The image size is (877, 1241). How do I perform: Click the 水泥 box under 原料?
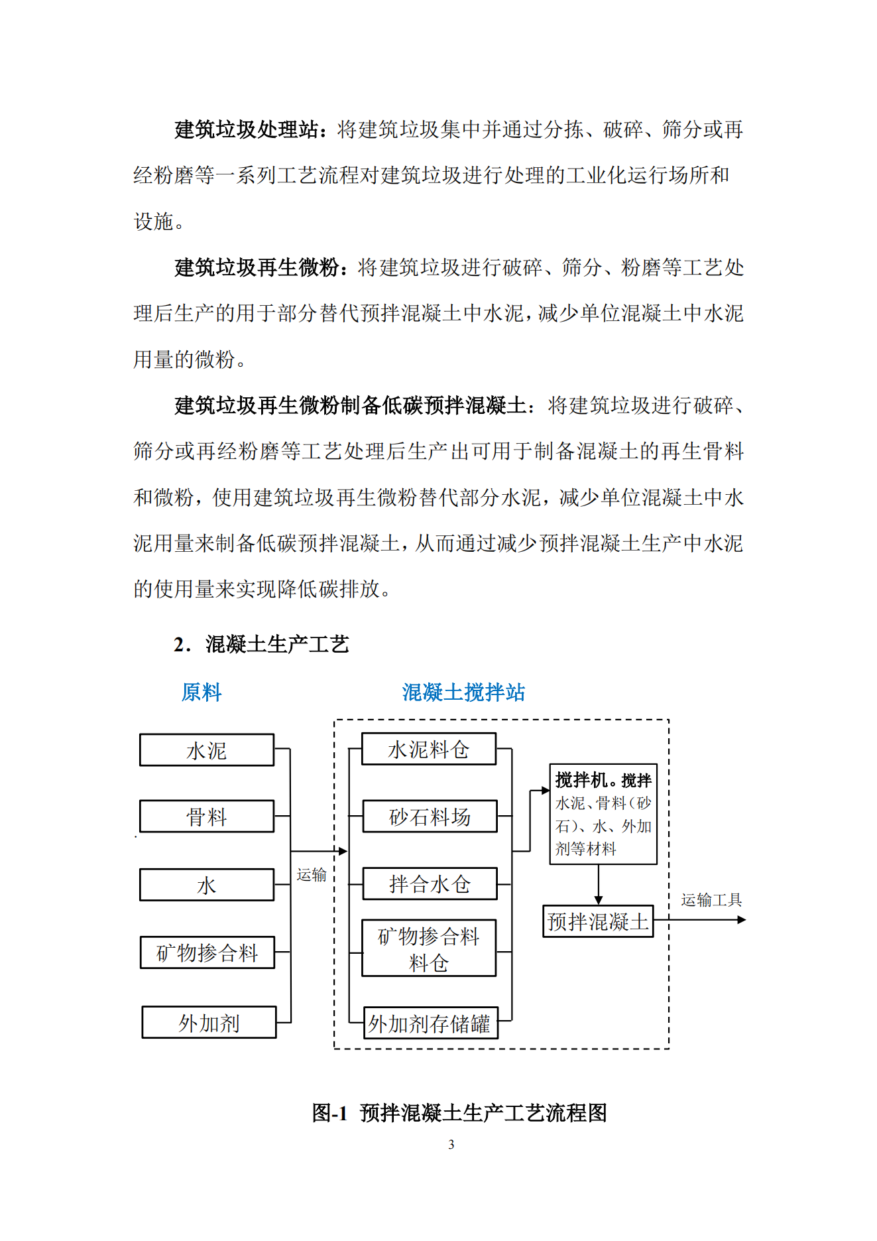(x=206, y=750)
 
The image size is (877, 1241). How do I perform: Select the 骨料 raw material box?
(x=206, y=816)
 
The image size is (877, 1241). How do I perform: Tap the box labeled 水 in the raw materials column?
(x=206, y=885)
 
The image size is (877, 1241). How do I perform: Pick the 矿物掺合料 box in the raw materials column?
(x=207, y=952)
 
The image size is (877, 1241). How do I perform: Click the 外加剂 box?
(x=209, y=1022)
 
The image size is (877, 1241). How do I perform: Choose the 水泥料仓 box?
(x=428, y=749)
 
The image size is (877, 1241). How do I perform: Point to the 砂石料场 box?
(x=430, y=816)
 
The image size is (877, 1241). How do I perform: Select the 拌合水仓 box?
(x=430, y=883)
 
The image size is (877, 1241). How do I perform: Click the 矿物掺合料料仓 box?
(x=428, y=948)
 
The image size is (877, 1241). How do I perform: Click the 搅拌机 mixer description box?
(x=603, y=814)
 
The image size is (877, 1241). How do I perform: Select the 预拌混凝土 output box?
(x=598, y=921)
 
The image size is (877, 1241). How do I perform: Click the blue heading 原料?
(x=202, y=692)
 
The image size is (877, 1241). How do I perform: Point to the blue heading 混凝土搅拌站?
(x=463, y=692)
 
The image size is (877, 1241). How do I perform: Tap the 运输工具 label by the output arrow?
(x=711, y=900)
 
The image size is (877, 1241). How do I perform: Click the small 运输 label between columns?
(x=312, y=875)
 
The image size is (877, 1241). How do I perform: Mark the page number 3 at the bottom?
(x=451, y=1144)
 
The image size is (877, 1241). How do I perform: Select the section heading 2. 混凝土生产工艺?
(x=261, y=644)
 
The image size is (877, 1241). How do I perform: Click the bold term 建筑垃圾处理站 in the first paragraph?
(x=247, y=129)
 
